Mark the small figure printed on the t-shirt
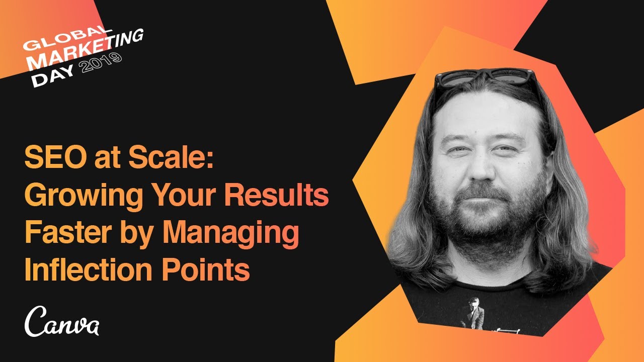pyautogui.click(x=473, y=314)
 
